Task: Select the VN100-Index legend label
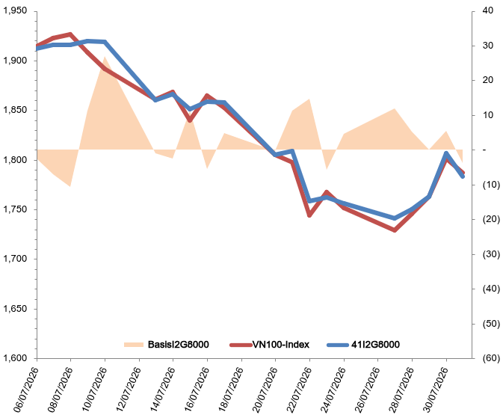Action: (x=281, y=345)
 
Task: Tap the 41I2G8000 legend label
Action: (x=375, y=345)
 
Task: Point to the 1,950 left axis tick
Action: (x=15, y=10)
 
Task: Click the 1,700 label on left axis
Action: (x=15, y=259)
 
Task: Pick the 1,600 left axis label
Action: (x=15, y=358)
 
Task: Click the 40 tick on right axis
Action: (x=487, y=10)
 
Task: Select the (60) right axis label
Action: (x=491, y=358)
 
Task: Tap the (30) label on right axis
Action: (x=491, y=254)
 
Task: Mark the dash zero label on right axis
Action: (x=484, y=150)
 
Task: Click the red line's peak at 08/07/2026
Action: (x=70, y=34)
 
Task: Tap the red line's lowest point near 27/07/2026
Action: (x=395, y=230)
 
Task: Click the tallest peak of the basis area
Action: (x=105, y=57)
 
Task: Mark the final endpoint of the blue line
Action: (x=463, y=176)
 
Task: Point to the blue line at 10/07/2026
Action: (x=105, y=42)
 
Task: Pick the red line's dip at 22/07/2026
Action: (x=309, y=215)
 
